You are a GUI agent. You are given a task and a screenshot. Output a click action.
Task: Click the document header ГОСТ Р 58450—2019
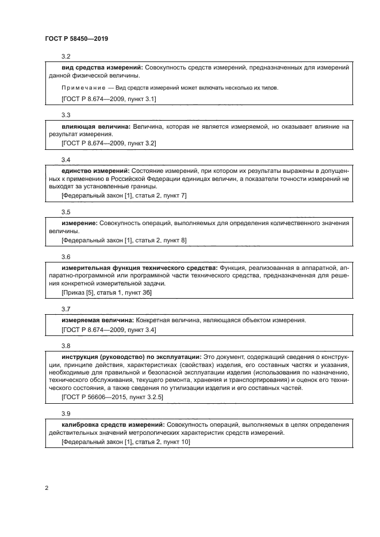coord(76,39)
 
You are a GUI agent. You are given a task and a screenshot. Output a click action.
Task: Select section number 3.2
coord(66,56)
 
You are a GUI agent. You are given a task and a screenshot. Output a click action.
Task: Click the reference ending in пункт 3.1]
coord(109,99)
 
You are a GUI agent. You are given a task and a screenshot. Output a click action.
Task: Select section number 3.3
coord(66,114)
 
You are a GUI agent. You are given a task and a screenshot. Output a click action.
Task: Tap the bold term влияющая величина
coord(96,126)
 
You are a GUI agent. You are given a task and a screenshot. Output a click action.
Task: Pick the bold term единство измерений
coord(95,171)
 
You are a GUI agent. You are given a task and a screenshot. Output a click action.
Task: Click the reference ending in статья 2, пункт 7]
coord(124,195)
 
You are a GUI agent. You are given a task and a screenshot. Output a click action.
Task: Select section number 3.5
coord(66,211)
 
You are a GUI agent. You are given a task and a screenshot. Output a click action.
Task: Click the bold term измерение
coord(79,222)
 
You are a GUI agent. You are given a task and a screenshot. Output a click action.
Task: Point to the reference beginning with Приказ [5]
coord(106,292)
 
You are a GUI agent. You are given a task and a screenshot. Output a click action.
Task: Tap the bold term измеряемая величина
coord(97,319)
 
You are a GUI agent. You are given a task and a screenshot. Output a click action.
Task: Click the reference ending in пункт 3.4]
coord(109,331)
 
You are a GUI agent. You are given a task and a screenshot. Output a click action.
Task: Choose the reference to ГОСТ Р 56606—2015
coord(112,396)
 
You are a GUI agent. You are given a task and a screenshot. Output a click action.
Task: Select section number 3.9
coord(66,413)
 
